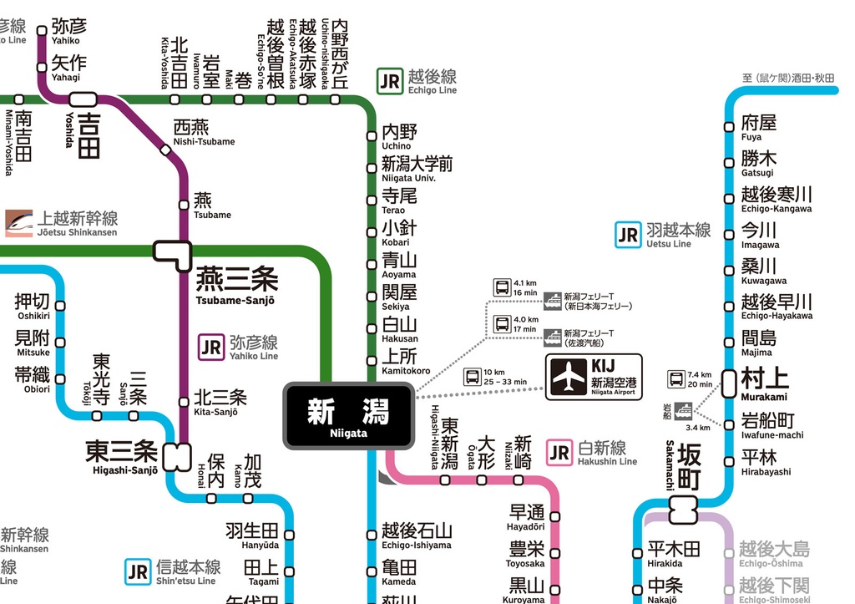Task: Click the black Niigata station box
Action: point(348,415)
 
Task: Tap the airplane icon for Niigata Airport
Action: point(569,378)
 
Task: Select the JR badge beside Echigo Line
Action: point(389,81)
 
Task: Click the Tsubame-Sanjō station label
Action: point(236,285)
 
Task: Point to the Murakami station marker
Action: point(729,383)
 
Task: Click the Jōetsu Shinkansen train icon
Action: point(19,221)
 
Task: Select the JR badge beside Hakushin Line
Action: point(559,454)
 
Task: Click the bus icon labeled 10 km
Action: point(473,377)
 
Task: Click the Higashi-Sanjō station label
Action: point(121,457)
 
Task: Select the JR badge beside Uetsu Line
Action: point(627,235)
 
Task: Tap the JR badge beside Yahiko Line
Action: point(210,347)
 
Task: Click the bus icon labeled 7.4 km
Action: point(675,379)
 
